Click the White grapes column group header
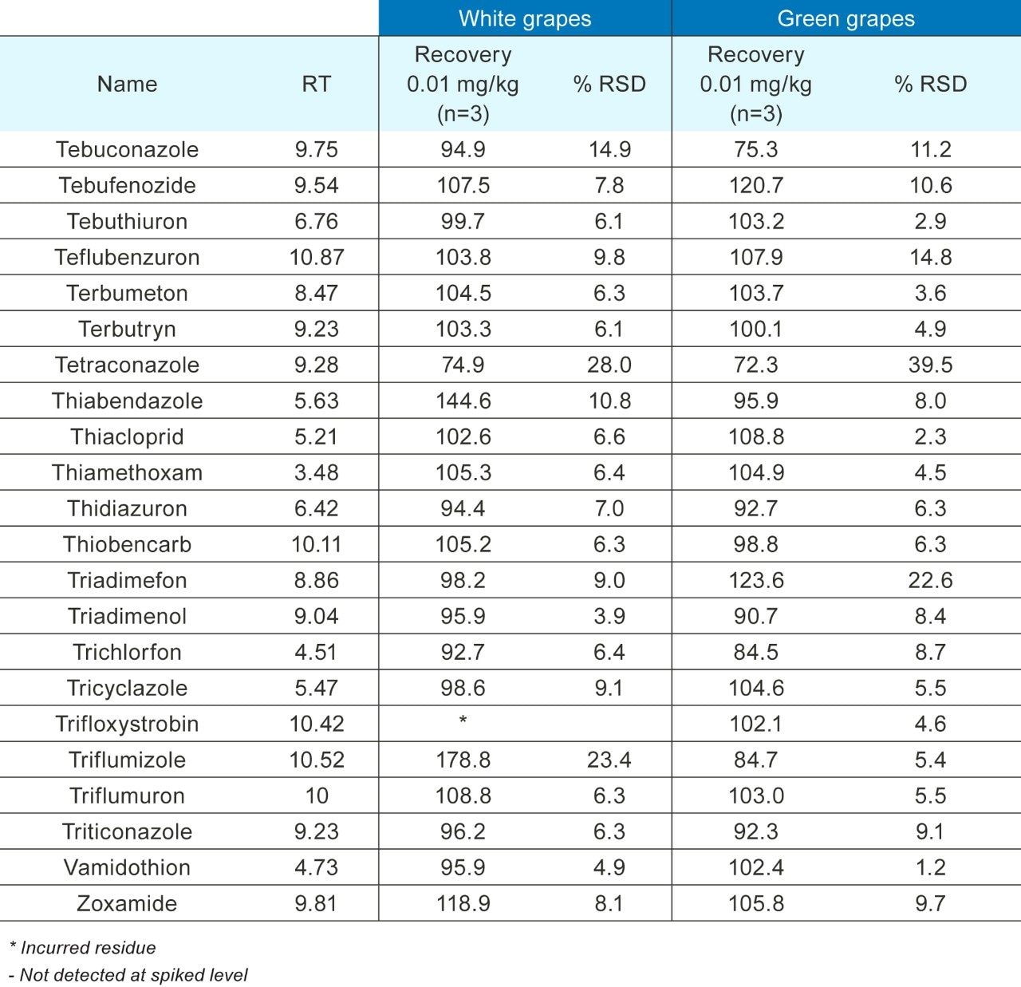click(x=525, y=19)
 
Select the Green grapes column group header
click(x=846, y=19)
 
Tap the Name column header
click(x=127, y=84)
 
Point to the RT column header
click(x=316, y=84)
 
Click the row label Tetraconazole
click(x=127, y=365)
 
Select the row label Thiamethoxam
click(x=127, y=472)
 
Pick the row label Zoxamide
click(x=127, y=903)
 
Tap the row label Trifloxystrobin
click(x=127, y=724)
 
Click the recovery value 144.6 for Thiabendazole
click(x=463, y=401)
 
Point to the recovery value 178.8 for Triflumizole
click(x=463, y=760)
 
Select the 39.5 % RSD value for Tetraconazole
click(x=930, y=365)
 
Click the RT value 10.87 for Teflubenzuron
click(x=317, y=257)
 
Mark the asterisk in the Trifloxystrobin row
click(x=463, y=721)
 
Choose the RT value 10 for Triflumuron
click(x=317, y=796)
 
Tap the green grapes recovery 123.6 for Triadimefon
click(x=755, y=580)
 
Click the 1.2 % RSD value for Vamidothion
click(x=930, y=867)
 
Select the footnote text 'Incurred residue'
click(x=88, y=948)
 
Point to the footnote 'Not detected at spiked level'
click(x=133, y=975)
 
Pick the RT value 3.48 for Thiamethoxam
click(x=317, y=472)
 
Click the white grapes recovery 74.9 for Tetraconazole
click(x=463, y=365)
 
